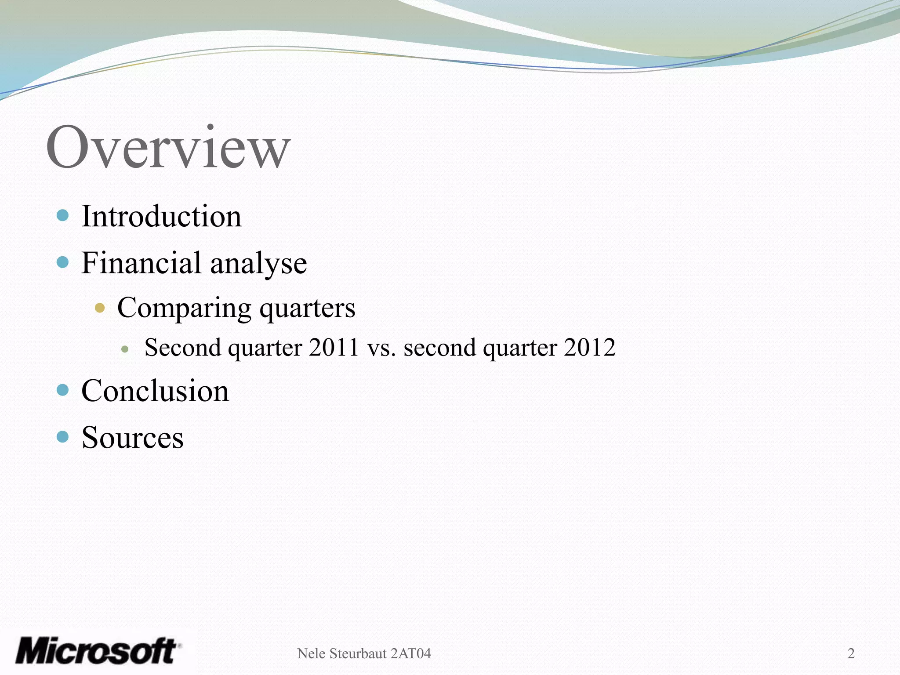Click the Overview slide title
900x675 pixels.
point(168,147)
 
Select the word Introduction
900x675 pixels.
point(161,216)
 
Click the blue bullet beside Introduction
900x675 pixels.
point(63,215)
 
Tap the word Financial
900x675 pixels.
point(141,263)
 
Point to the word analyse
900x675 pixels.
point(258,265)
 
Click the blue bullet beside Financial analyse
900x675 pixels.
point(63,262)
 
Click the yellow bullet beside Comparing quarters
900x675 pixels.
point(100,308)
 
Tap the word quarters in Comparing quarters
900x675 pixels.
point(307,308)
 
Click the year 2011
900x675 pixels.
point(334,347)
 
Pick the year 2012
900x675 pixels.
point(590,347)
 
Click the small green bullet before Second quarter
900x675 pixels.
point(125,350)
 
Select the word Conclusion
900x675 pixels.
point(155,391)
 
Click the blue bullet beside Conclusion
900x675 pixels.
point(63,390)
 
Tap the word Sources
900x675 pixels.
point(132,438)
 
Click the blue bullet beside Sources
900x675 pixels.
point(63,436)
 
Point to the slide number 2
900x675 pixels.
point(851,653)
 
